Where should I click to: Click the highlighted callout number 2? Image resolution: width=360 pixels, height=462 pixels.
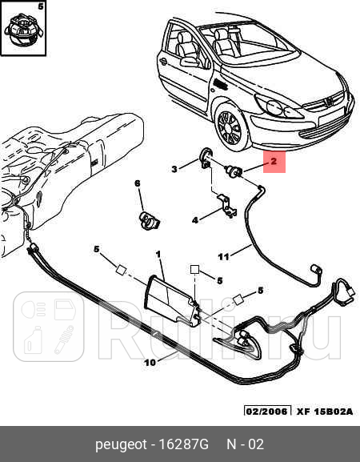274,161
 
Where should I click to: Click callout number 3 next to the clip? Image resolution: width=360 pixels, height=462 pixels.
174,169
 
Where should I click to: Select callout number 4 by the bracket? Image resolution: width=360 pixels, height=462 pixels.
195,220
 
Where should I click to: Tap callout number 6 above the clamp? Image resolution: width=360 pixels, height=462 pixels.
138,183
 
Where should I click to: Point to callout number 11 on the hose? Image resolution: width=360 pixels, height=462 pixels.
223,257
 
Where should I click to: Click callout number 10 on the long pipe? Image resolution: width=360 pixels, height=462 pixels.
150,363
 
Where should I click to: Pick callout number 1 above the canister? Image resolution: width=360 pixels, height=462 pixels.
158,254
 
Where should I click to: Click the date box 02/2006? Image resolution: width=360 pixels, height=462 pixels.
266,411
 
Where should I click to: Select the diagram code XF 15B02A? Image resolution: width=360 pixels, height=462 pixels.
324,412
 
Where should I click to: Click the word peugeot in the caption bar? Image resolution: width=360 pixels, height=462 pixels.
121,444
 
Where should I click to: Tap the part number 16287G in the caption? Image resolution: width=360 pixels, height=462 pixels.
183,444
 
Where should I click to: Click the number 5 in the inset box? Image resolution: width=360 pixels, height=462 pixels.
41,6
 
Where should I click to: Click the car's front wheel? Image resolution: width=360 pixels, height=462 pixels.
230,128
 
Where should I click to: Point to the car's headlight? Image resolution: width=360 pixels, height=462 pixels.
278,107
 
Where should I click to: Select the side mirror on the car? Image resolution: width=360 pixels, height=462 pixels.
188,62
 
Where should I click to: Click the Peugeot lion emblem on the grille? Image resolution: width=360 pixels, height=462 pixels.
327,102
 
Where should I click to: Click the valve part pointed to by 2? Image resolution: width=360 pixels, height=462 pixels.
234,171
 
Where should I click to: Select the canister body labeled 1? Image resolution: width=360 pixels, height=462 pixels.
172,300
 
